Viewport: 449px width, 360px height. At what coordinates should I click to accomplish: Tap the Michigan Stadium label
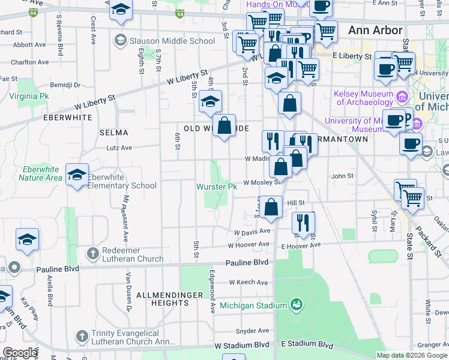click(x=254, y=305)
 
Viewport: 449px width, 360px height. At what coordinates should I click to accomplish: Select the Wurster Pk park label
click(x=217, y=187)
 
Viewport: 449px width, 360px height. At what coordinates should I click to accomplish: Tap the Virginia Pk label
click(x=29, y=96)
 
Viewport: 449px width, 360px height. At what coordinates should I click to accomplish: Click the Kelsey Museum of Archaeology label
click(x=364, y=98)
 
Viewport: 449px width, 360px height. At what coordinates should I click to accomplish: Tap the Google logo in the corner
click(x=20, y=353)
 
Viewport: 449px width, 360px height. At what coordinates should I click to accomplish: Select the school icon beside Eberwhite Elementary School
click(x=77, y=175)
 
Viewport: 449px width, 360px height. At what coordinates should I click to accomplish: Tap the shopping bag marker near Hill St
click(x=271, y=207)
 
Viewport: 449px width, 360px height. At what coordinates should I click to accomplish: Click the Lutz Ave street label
click(x=119, y=148)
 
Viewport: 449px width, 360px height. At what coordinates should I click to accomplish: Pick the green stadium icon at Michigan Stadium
click(x=295, y=305)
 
